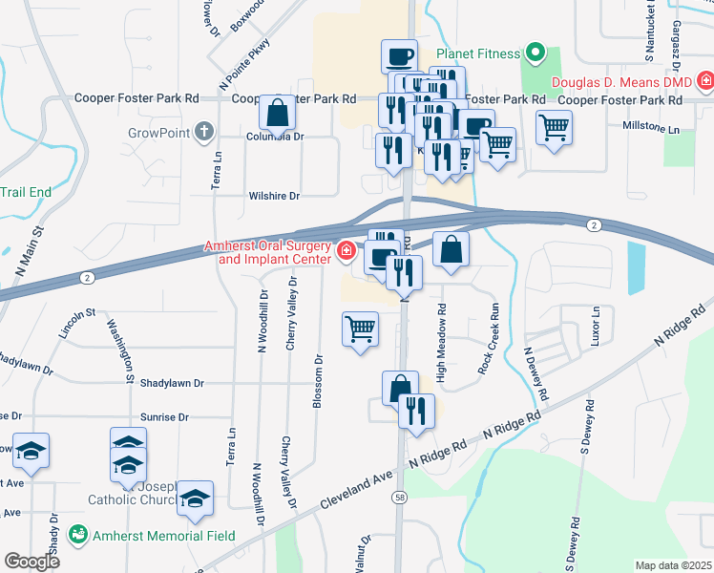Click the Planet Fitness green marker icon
tap(535, 53)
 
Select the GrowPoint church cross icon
tap(203, 132)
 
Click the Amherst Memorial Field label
tap(163, 535)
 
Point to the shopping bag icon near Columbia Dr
tap(277, 114)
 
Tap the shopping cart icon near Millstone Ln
tap(554, 126)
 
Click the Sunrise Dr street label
tap(163, 417)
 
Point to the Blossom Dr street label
tap(318, 382)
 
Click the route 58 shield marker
tap(398, 497)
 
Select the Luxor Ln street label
tap(597, 326)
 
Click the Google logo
tap(31, 562)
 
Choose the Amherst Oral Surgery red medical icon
tap(346, 251)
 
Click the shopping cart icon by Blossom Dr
tap(361, 329)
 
